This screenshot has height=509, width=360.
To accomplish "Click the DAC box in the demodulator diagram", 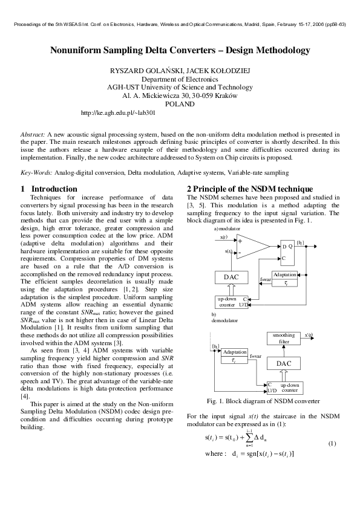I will (284, 363).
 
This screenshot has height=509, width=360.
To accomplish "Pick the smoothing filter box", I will (284, 338).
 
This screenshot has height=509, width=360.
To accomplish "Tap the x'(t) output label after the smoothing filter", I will (309, 334).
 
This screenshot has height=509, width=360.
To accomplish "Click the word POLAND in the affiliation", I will (180, 104).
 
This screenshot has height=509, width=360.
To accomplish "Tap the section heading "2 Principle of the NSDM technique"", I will (249, 189).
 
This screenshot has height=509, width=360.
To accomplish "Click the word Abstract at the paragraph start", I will (33, 133).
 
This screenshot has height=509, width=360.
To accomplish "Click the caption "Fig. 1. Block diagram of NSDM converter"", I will (263, 401).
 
